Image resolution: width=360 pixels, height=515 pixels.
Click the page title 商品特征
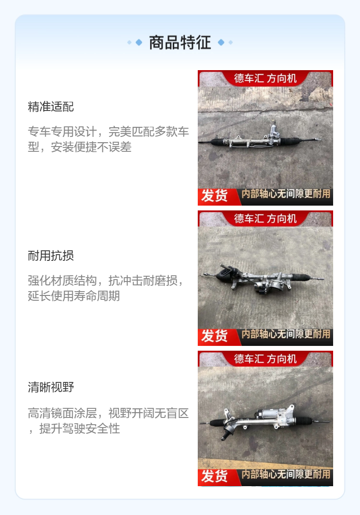point(180,42)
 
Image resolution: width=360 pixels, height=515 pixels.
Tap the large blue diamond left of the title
point(139,42)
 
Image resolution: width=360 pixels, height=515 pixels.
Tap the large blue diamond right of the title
point(221,42)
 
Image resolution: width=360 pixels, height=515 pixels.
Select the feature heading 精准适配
point(51,107)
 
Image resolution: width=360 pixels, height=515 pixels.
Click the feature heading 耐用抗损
point(51,256)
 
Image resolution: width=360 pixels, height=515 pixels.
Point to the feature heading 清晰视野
point(51,387)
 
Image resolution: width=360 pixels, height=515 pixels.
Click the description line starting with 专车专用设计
point(108,132)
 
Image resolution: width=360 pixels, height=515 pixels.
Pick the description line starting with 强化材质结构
point(106,281)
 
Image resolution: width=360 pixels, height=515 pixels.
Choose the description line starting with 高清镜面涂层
point(108,413)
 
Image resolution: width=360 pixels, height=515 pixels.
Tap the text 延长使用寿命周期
point(74,296)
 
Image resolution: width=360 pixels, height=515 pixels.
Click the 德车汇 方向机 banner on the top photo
point(265,78)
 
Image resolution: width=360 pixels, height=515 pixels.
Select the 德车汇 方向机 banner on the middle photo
point(265,219)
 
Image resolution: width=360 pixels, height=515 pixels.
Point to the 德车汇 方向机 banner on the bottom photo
point(265,359)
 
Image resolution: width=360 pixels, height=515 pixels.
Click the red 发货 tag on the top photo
point(215,196)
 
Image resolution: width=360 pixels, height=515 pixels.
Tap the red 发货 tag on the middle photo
point(215,336)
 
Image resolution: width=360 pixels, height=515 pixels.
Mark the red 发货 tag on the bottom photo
point(215,477)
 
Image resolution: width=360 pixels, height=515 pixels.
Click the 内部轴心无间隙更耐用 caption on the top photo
point(286,194)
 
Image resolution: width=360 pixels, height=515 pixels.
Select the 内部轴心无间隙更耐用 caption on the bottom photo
point(286,474)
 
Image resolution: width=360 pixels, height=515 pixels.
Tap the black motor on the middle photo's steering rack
point(226,272)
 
